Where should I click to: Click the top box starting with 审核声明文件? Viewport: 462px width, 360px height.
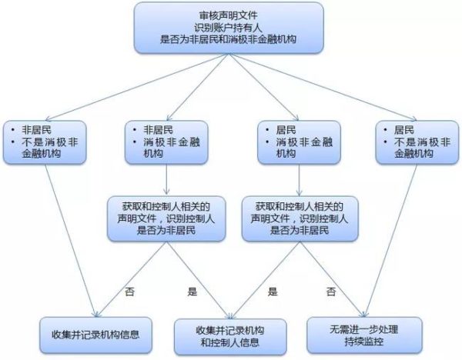coord(229,28)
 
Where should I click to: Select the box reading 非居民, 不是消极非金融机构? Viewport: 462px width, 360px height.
coord(45,142)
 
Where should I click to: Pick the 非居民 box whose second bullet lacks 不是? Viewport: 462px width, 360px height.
coord(166,142)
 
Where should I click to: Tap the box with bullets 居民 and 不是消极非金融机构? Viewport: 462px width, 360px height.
coord(417,142)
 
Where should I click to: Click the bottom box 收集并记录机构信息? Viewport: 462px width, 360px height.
coord(95,335)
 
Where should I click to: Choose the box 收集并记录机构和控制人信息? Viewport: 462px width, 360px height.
coord(230,336)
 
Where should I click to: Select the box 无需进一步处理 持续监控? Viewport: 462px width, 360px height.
coord(364,335)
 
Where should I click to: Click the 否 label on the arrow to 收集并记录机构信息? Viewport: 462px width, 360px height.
coord(129,292)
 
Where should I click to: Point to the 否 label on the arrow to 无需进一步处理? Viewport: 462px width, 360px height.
coord(331,292)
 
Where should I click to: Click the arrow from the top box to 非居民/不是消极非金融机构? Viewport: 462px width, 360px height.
coord(137,87)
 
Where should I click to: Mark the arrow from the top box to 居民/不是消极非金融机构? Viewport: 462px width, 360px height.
coord(323,87)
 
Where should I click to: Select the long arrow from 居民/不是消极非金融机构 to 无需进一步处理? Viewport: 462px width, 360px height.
coord(390,241)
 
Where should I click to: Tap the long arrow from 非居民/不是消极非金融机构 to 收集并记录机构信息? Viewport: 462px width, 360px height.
coord(71,241)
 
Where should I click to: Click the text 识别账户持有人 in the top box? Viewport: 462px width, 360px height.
coord(228,28)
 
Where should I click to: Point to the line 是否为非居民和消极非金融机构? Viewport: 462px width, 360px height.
coord(228,39)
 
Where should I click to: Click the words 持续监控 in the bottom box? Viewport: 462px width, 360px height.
coord(364,342)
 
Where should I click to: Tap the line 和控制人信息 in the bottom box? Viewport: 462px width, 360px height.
coord(230,342)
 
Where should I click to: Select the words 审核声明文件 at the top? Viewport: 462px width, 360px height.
coord(229,15)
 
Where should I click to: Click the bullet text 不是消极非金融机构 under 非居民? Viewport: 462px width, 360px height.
coord(50,148)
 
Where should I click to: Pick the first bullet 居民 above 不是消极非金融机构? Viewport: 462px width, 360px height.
coord(404,130)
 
